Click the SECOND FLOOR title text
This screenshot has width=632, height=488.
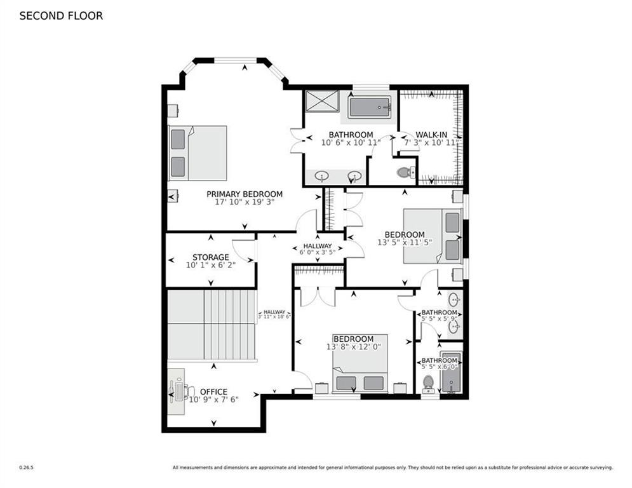point(61,16)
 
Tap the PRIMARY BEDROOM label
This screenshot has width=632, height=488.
point(244,194)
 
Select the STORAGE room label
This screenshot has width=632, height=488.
point(210,257)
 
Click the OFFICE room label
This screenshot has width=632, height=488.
point(213,391)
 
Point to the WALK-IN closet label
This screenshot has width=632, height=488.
point(430,135)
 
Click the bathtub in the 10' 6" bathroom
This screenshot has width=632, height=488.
point(369,107)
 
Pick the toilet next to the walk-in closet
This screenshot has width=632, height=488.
point(405,172)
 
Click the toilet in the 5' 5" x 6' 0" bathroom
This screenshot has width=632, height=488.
point(428,383)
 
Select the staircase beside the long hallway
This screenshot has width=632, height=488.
point(212,325)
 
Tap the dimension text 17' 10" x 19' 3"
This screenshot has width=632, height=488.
point(244,203)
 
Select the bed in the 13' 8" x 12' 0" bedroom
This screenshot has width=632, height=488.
point(360,372)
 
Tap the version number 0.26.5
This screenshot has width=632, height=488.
point(26,468)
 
